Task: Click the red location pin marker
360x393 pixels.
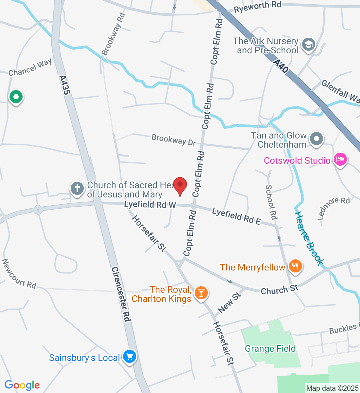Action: click(180, 185)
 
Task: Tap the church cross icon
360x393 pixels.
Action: click(77, 189)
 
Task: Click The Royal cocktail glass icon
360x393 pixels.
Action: click(201, 292)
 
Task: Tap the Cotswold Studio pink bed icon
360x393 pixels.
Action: click(340, 160)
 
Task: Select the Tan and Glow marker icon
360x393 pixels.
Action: click(316, 139)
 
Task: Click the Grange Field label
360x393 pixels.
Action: click(270, 348)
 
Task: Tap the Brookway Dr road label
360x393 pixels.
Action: click(173, 140)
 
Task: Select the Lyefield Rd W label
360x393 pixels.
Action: click(150, 205)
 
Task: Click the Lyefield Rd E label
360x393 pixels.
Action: click(236, 216)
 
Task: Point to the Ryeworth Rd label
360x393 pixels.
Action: click(258, 7)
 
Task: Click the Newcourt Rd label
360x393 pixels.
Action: click(19, 274)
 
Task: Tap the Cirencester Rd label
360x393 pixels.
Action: click(121, 294)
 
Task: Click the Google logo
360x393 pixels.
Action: click(22, 385)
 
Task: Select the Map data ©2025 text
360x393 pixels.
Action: click(332, 388)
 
